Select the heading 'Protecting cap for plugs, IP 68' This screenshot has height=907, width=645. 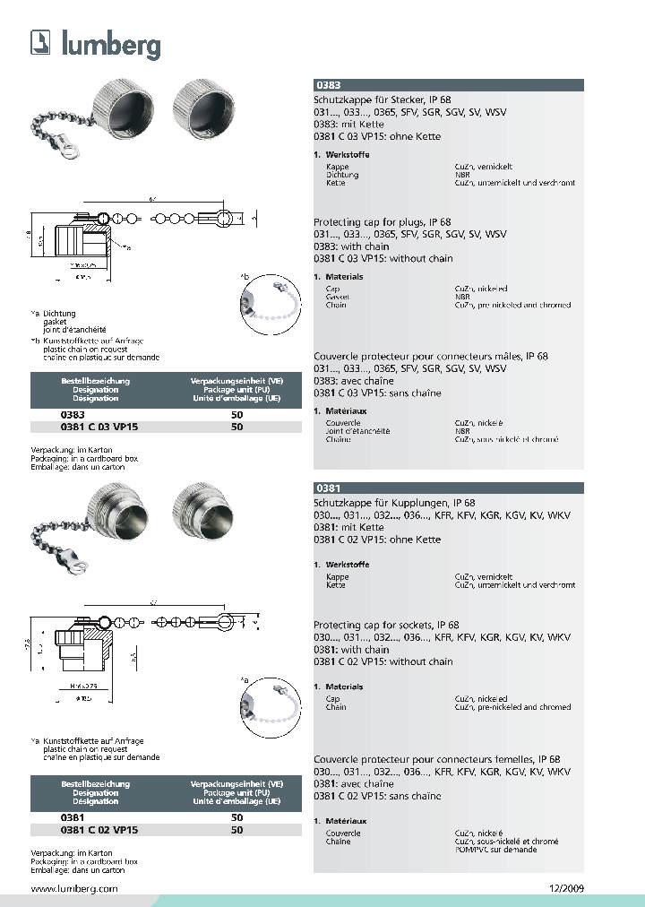coord(382,222)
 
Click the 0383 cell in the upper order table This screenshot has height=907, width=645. coord(73,415)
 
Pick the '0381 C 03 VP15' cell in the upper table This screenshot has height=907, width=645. coord(99,428)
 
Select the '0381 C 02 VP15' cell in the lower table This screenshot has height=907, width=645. coord(99,830)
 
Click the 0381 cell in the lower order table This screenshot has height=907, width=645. coord(73,817)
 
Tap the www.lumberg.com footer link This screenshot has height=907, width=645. coord(74,888)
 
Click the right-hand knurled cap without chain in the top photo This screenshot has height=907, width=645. coord(201,106)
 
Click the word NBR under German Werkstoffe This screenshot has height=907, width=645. coord(462,175)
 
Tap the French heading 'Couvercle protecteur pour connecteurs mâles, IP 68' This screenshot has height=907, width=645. coord(430,357)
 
